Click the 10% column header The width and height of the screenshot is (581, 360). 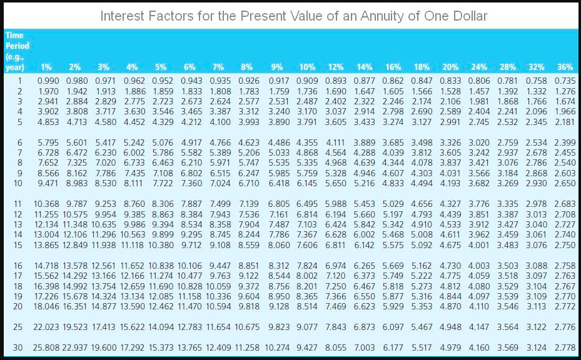click(307, 67)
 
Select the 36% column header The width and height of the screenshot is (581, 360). click(565, 67)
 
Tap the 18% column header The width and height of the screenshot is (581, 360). click(421, 67)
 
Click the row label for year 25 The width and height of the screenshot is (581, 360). click(18, 327)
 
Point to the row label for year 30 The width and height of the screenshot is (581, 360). click(18, 347)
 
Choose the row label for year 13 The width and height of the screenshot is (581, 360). click(18, 224)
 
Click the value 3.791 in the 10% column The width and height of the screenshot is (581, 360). click(307, 122)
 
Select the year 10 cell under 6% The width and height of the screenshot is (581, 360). click(191, 183)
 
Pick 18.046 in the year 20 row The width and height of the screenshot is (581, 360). click(48, 306)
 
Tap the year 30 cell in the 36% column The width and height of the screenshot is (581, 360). click(565, 347)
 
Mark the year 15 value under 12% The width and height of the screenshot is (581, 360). click(336, 244)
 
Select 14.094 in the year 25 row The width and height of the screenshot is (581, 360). click(163, 327)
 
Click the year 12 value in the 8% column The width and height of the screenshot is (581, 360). click(250, 214)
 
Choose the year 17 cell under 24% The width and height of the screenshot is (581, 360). click(479, 276)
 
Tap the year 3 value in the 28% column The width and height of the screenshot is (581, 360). click(507, 101)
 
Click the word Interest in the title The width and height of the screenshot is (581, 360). click(124, 15)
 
